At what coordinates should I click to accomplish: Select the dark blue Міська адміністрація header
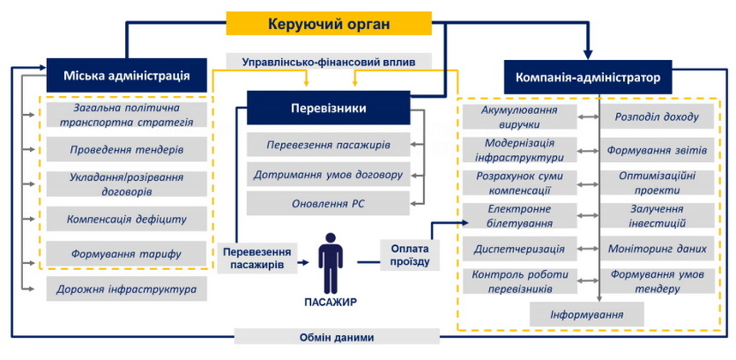(126, 75)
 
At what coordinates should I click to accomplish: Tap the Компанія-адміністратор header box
(588, 77)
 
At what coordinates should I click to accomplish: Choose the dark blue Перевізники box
(328, 109)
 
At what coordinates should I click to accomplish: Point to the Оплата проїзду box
(404, 255)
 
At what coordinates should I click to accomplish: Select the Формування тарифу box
(127, 255)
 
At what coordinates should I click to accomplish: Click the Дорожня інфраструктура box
(127, 289)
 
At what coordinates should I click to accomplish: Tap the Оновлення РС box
(328, 204)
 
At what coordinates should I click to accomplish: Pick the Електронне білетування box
(519, 216)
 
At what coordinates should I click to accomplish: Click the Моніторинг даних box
(657, 249)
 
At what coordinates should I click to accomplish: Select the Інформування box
(586, 315)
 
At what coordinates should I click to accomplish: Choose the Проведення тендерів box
(127, 149)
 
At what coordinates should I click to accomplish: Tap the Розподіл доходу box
(657, 117)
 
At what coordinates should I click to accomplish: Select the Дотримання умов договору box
(328, 175)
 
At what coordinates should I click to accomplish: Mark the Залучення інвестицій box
(657, 216)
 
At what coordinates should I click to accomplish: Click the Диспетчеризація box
(519, 249)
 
